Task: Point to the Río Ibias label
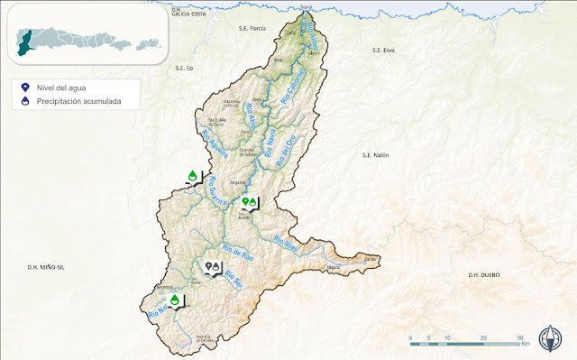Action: tap(286, 243)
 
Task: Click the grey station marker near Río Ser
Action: tap(214, 268)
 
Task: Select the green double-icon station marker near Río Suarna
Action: tap(250, 202)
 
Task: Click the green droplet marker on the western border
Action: tap(192, 175)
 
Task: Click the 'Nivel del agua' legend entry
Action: tap(60, 88)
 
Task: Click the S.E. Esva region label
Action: tap(384, 51)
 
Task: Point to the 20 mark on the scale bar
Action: tap(484, 337)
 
